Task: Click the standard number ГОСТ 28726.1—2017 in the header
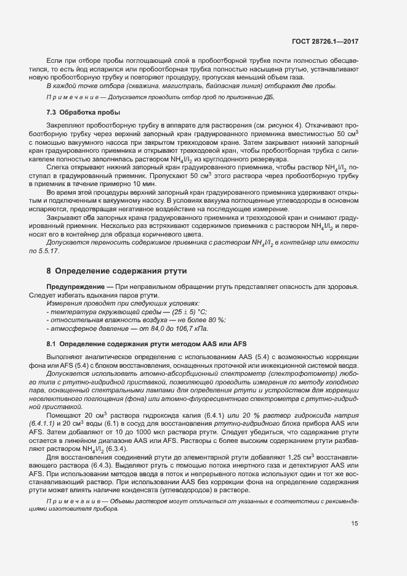click(x=324, y=41)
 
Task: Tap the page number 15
click(x=355, y=524)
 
